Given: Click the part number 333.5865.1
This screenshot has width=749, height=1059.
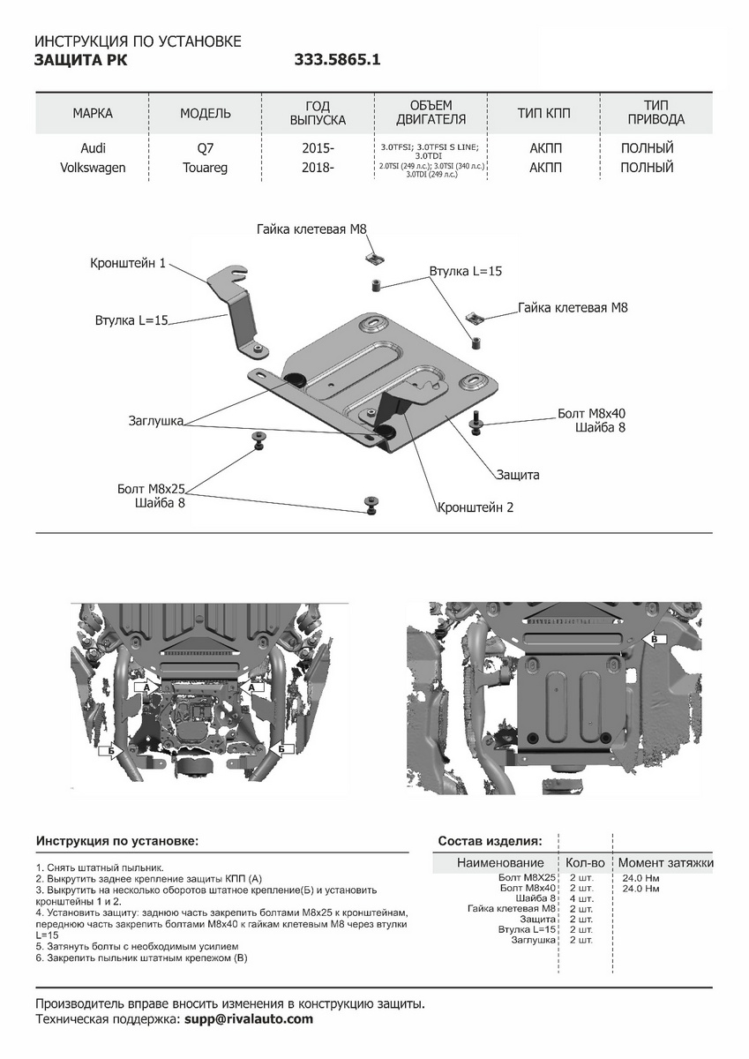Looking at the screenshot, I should click(338, 60).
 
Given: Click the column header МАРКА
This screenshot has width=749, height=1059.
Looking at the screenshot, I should click(93, 114).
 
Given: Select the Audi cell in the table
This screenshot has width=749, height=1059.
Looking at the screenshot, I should click(93, 148).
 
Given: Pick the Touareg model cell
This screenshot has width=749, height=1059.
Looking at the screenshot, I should click(205, 167).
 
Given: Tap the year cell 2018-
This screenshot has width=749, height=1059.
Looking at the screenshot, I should click(318, 167).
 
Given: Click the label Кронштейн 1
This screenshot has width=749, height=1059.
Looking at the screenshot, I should click(128, 263).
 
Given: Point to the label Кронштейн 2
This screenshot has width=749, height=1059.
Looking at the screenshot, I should click(475, 507).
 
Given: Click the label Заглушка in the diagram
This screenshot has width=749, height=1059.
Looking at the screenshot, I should click(155, 422).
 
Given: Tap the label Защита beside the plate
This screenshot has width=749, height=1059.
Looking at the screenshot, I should click(517, 475).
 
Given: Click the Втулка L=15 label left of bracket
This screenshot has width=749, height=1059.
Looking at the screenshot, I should click(131, 320).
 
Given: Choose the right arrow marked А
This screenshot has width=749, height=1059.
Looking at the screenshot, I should click(255, 686).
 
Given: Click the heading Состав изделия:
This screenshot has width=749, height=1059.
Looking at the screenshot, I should click(491, 841).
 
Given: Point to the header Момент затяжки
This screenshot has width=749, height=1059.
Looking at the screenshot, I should click(665, 862).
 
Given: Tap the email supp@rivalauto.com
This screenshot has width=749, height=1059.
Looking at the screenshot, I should click(249, 1018).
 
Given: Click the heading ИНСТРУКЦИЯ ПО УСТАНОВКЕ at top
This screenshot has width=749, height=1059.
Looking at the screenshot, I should click(137, 41).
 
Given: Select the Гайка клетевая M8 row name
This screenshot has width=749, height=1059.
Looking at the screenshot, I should click(512, 909).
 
